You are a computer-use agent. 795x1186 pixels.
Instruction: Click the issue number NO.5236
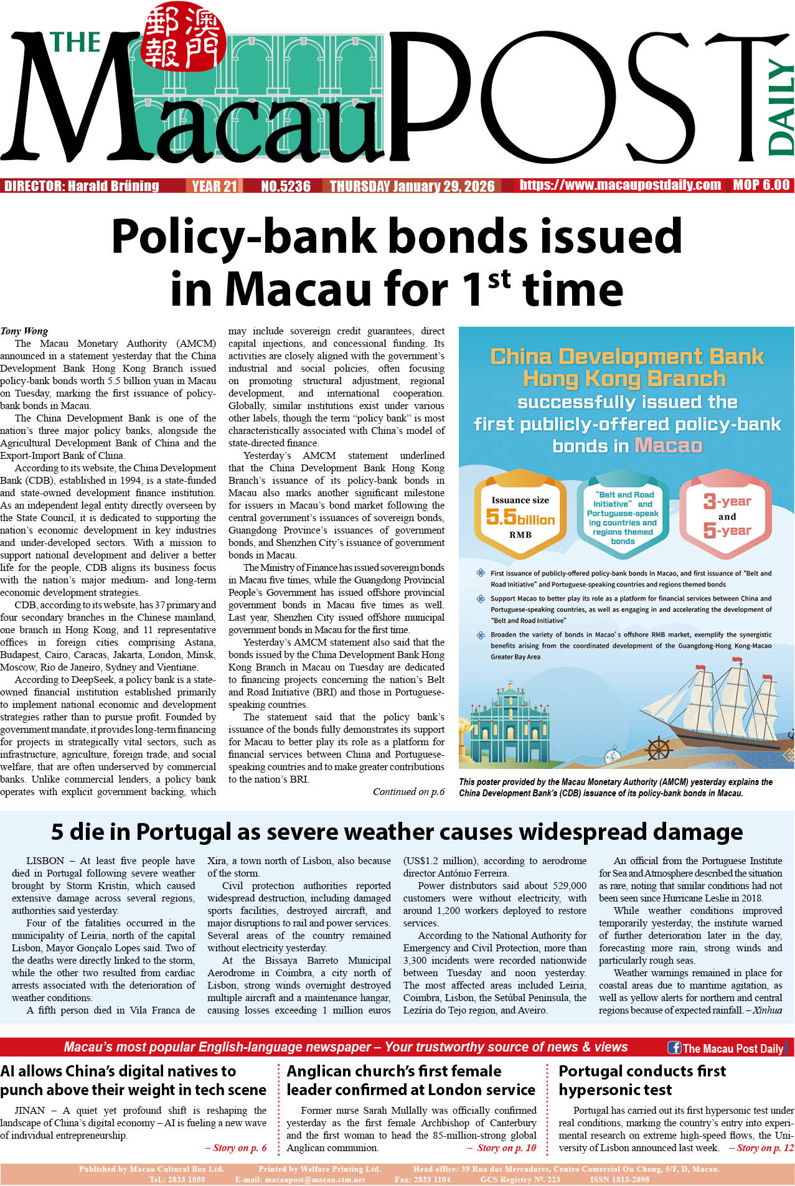286,186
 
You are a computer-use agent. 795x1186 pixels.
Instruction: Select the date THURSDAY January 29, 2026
412,186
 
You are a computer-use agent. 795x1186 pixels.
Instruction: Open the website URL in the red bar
620,185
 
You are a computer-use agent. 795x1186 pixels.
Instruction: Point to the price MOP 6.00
761,185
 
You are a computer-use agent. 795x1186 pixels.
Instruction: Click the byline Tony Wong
24,331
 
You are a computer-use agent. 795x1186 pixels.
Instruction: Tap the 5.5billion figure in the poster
520,517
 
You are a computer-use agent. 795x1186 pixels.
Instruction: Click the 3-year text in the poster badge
727,501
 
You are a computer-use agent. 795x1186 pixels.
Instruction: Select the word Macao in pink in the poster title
668,446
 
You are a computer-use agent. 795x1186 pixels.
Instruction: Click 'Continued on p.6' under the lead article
408,792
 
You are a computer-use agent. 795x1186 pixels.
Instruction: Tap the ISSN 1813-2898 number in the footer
619,1179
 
